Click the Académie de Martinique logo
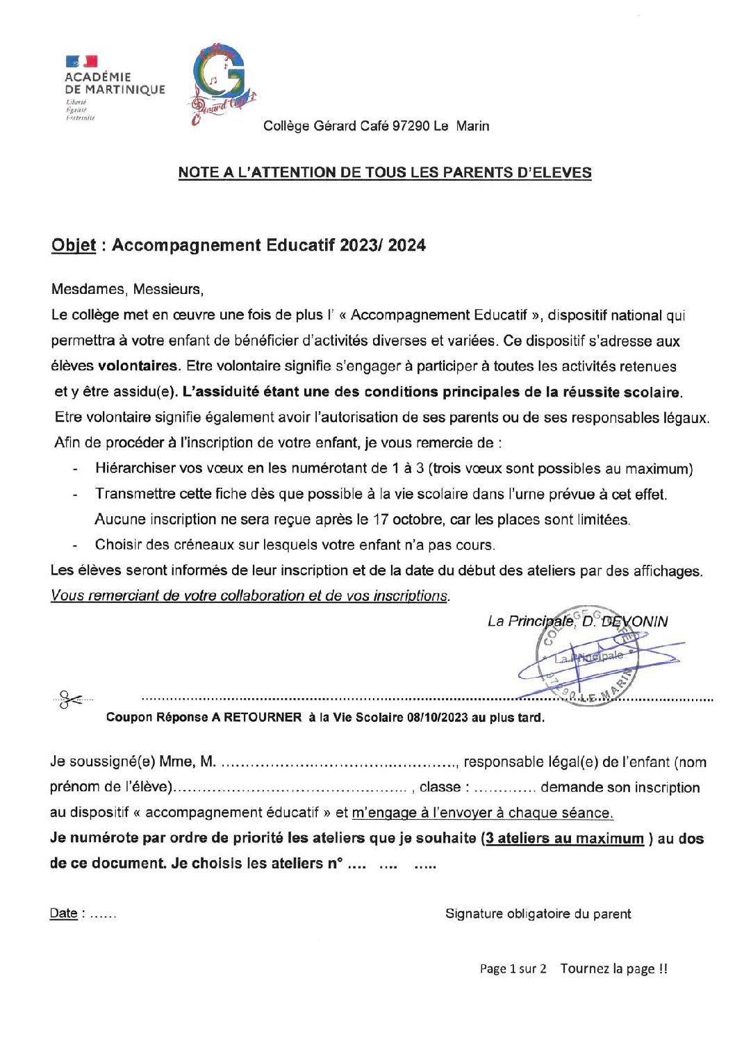[x=114, y=88]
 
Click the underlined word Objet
[x=73, y=245]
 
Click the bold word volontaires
[x=138, y=366]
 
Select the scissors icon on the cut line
[x=69, y=698]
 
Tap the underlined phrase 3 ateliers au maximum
[x=564, y=839]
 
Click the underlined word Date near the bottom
[x=63, y=914]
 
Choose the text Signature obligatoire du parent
[x=538, y=914]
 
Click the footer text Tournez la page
[x=613, y=968]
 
